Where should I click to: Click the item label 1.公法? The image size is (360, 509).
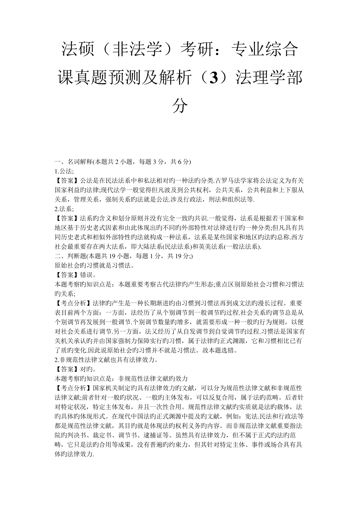pos(64,171)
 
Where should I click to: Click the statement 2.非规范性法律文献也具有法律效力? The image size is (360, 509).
pos(106,360)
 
